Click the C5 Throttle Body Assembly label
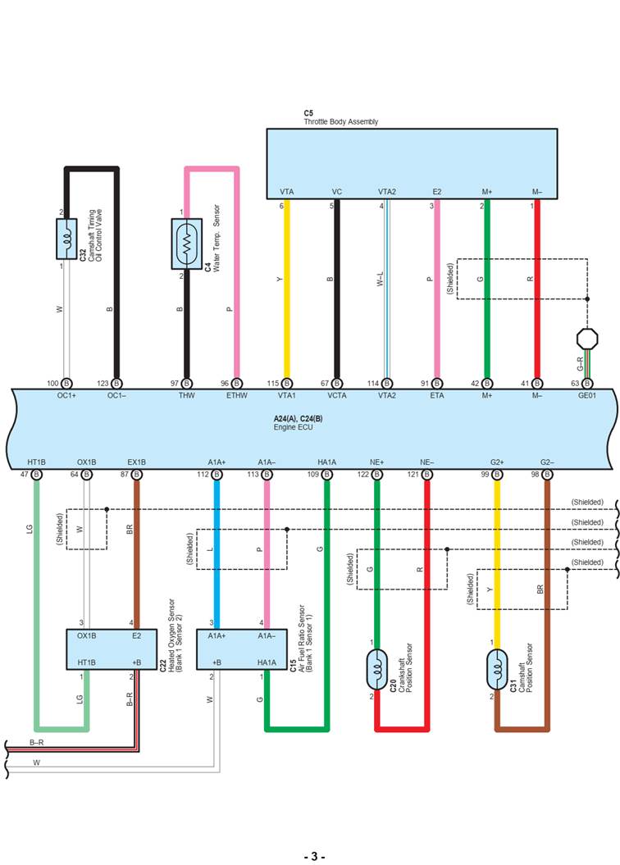[340, 117]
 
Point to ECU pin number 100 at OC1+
[53, 384]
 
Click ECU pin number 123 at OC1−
[103, 384]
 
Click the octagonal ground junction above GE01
[586, 337]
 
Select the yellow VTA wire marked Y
[286, 280]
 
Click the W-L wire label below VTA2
[380, 280]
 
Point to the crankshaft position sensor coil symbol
[376, 670]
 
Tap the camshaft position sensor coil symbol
[496, 670]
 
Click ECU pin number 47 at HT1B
[25, 474]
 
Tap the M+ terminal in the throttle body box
[486, 192]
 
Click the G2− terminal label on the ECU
[547, 462]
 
